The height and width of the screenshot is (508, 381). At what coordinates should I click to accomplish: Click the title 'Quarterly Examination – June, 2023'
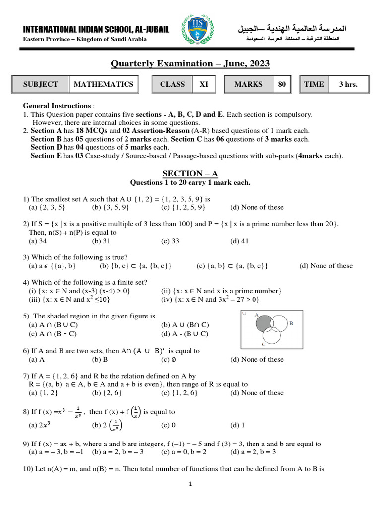190,63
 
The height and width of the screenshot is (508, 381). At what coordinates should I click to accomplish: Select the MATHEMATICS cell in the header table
103,84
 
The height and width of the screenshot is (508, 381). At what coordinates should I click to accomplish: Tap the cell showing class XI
204,84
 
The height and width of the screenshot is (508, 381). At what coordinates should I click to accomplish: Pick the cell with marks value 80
282,84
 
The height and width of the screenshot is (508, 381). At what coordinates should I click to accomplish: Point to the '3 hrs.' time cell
348,84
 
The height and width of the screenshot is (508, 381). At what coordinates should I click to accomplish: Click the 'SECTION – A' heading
190,173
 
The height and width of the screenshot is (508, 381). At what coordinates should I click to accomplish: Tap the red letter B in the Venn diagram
291,323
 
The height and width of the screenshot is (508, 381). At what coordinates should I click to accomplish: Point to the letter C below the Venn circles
263,343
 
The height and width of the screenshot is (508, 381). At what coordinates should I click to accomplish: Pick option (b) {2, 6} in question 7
106,393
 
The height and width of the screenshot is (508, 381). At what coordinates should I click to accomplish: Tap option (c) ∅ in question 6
168,359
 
